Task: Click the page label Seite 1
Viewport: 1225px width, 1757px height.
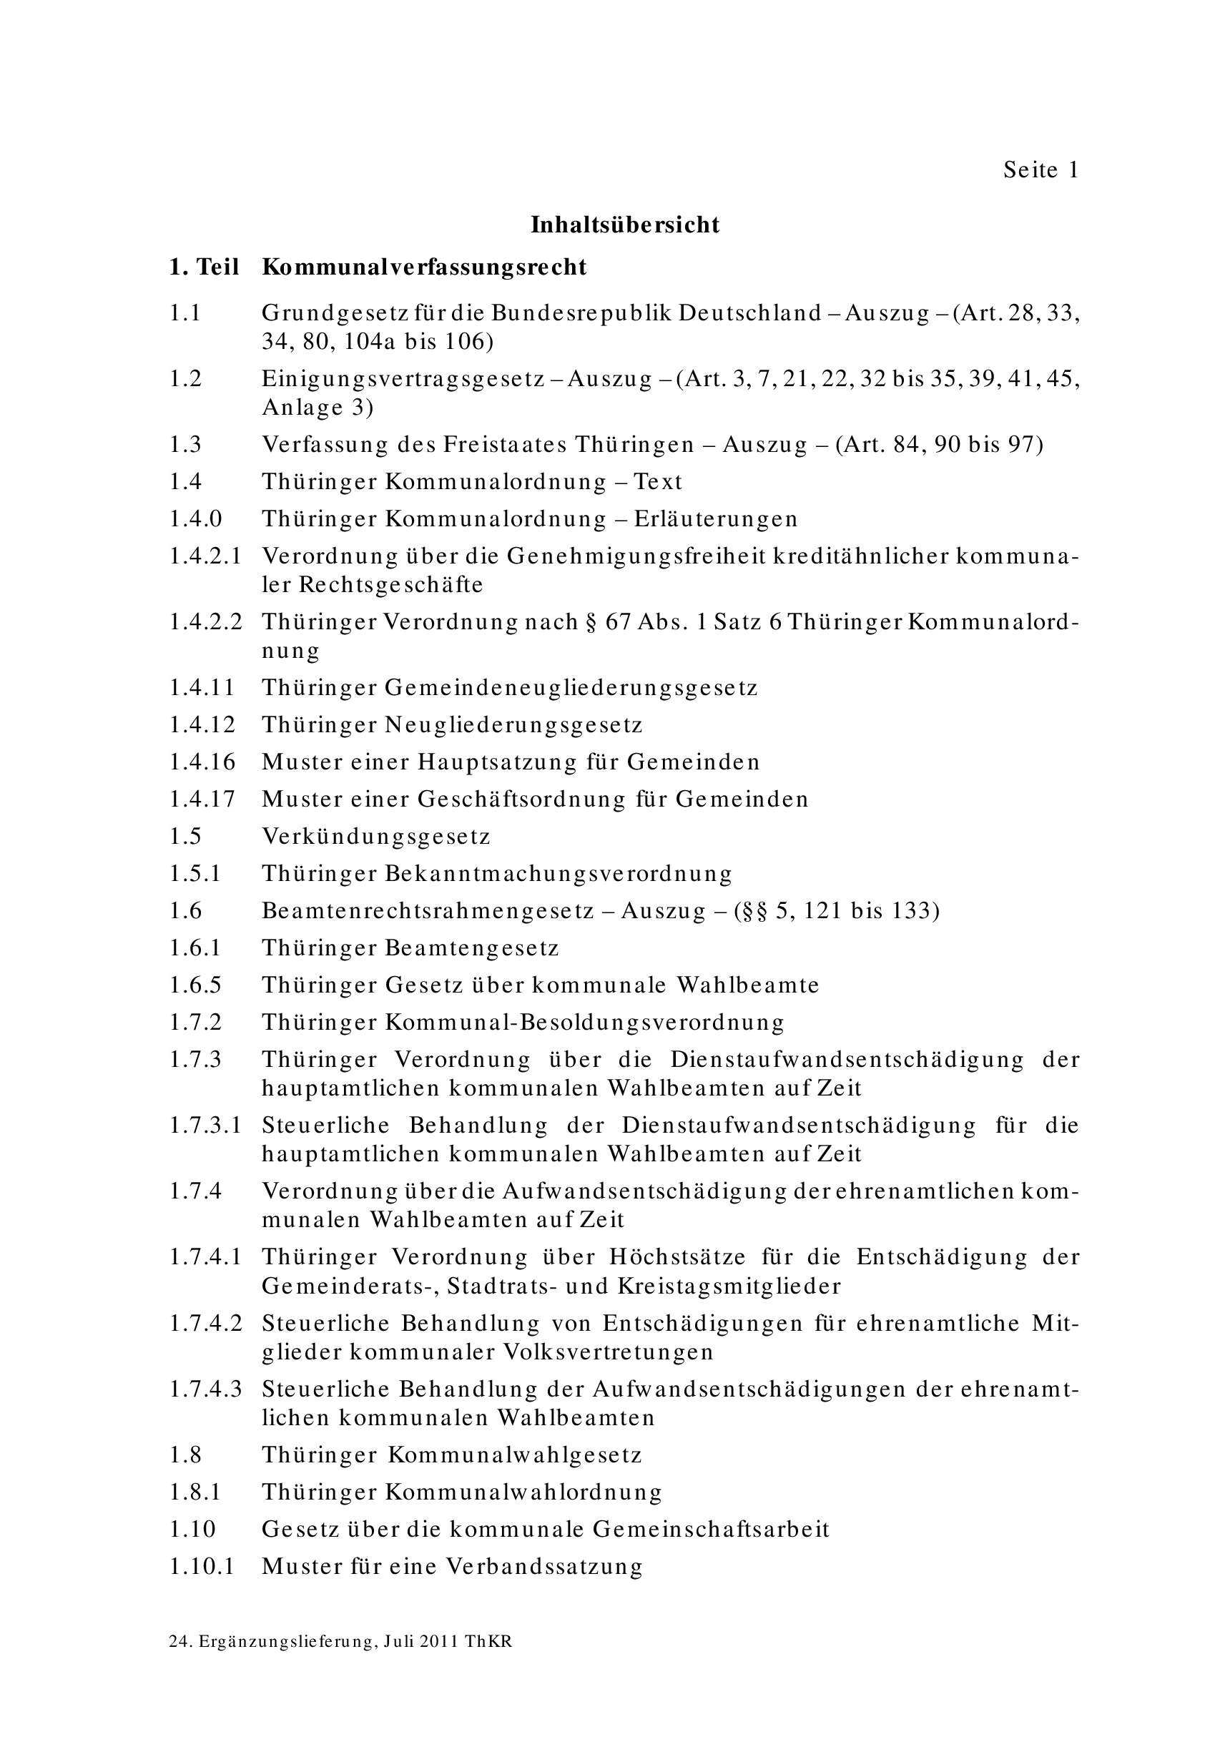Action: point(1040,170)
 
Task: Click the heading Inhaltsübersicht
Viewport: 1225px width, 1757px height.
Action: point(625,225)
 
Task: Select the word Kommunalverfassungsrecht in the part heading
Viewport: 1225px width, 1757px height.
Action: point(424,267)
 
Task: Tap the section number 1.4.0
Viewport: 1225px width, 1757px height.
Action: point(196,519)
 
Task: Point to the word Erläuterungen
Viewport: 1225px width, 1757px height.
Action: point(715,519)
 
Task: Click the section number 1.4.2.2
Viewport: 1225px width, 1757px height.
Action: point(205,621)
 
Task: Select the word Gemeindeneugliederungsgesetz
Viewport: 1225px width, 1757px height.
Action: point(571,687)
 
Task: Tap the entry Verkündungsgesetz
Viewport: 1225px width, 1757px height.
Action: point(375,836)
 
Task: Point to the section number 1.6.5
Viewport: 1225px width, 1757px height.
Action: point(195,985)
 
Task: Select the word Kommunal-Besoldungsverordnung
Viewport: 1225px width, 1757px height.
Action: point(586,1023)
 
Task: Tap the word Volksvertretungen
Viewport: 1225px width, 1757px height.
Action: point(608,1352)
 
